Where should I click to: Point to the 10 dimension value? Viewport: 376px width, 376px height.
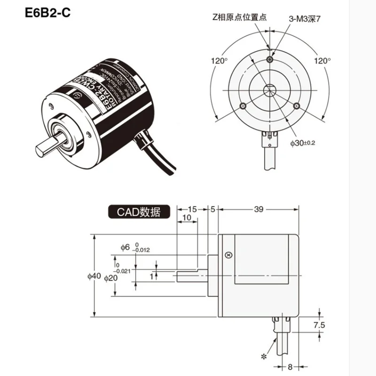186,217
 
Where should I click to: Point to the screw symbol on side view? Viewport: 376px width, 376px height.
228,255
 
